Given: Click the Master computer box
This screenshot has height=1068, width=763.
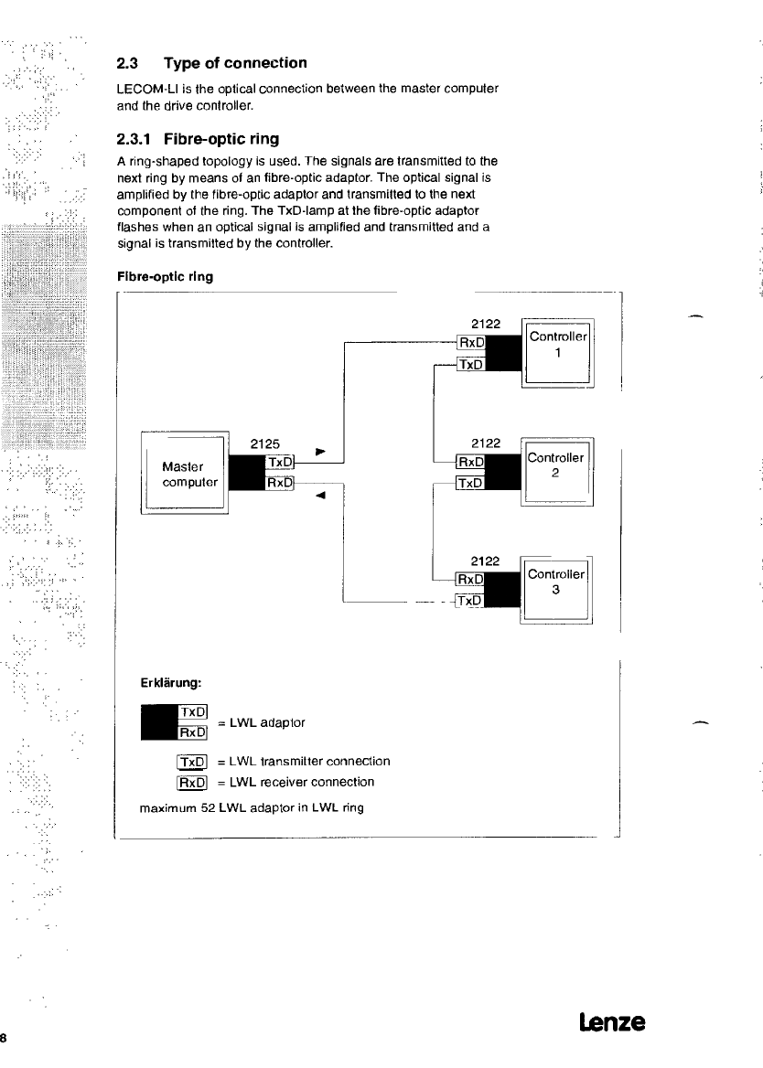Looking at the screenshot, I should (x=183, y=473).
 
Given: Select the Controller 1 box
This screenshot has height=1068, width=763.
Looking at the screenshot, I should (x=557, y=352).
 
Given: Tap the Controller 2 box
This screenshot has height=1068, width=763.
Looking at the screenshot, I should (x=557, y=472).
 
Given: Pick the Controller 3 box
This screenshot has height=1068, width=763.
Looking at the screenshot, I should (x=556, y=590).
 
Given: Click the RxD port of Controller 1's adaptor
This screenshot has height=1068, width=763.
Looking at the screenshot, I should (x=471, y=343).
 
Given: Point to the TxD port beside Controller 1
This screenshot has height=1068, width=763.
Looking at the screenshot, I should (x=471, y=364).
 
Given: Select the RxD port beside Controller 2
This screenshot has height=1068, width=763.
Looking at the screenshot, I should (x=471, y=463).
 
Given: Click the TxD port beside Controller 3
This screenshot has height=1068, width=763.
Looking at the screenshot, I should (x=470, y=601).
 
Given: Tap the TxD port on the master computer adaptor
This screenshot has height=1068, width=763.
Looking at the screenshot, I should (x=279, y=462).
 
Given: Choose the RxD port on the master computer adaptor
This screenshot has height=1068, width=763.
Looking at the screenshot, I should (x=279, y=483).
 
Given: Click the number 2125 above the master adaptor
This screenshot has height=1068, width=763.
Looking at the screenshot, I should (x=266, y=443).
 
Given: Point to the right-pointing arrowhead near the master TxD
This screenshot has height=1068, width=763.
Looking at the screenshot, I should (x=319, y=452).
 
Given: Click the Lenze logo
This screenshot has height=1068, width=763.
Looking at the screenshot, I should (x=612, y=1021).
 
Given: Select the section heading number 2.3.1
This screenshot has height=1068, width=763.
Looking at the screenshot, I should (x=134, y=140).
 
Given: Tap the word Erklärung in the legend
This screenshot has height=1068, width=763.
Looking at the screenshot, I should (x=170, y=681).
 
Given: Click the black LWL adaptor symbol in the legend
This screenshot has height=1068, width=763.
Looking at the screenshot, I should (x=158, y=722).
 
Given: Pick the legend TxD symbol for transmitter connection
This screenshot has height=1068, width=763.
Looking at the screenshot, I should (x=193, y=762).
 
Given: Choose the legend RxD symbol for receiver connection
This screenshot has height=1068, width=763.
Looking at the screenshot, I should (x=193, y=783).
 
